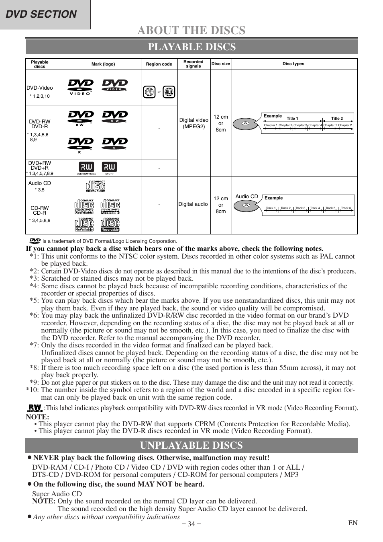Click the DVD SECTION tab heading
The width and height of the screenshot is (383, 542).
[x=42, y=14]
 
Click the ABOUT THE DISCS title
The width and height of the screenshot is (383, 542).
[x=191, y=30]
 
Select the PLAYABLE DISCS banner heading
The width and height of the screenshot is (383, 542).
[x=191, y=47]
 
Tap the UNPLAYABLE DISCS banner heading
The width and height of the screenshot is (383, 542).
[x=191, y=445]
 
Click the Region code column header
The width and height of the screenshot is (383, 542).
[x=159, y=64]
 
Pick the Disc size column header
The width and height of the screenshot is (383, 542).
[x=221, y=64]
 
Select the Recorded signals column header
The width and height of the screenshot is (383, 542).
[x=194, y=64]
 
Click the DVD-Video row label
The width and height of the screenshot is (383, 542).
[x=40, y=88]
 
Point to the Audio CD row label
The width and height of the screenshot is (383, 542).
[x=40, y=183]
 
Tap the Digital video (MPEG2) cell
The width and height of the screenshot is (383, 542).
[x=194, y=123]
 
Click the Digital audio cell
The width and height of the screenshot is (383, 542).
[x=193, y=204]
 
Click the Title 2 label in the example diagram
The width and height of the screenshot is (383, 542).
[x=337, y=119]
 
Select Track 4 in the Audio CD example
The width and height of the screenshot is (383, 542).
[x=315, y=208]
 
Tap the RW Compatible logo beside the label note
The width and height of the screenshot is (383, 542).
[x=35, y=408]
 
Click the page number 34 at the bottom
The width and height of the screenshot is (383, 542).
[x=191, y=524]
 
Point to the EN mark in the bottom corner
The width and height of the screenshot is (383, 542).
[x=352, y=523]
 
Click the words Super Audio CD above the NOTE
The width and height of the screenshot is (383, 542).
[x=57, y=494]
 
